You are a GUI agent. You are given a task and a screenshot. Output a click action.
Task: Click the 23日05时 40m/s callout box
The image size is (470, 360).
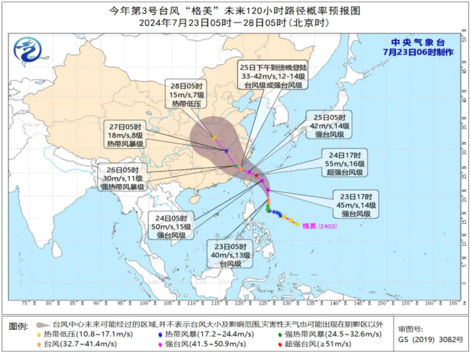pos(231,255)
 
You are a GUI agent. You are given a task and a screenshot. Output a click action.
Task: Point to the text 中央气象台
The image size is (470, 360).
pos(419,43)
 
